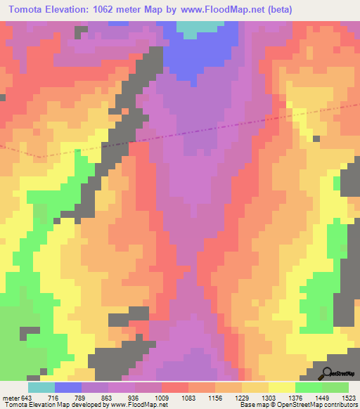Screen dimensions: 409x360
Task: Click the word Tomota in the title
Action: pos(27,9)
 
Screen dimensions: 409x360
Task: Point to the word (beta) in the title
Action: pos(277,9)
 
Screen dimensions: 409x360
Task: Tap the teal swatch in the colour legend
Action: pos(41,388)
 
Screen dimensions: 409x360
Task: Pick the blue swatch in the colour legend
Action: pos(68,388)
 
